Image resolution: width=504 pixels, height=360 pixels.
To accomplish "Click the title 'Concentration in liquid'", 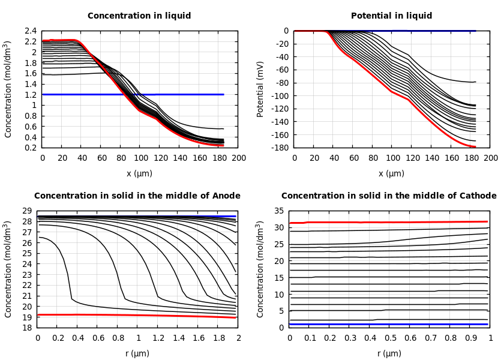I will (139, 16).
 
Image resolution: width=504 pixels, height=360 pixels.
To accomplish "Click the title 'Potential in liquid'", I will (391, 16).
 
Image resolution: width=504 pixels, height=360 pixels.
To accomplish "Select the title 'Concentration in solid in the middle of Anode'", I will (137, 196).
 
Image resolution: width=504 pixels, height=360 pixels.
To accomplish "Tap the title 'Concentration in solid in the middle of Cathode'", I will (389, 196).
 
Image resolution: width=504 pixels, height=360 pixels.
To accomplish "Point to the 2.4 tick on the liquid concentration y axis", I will (30, 31).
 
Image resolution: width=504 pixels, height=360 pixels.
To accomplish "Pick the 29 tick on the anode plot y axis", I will (26, 211).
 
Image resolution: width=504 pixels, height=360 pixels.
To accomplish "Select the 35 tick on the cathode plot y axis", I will (279, 211).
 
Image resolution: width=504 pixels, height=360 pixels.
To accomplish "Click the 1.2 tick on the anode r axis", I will (158, 338).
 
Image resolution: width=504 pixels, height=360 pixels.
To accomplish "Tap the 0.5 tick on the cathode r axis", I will (390, 338).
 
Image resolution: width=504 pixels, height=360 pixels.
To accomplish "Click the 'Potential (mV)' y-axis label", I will (260, 89).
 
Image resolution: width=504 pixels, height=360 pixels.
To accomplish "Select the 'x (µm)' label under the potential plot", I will (391, 174).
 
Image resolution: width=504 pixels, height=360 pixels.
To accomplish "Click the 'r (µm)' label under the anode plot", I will (137, 353).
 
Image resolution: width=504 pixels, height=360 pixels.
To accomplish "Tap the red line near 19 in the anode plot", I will (90, 314).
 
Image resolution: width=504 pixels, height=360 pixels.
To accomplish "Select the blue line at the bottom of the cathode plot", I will (390, 324).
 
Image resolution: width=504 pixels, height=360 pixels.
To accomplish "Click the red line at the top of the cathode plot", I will (390, 222).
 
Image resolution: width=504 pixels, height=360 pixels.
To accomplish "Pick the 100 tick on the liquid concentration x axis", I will (140, 158).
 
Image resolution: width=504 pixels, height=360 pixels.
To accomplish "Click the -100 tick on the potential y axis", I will (280, 96).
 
